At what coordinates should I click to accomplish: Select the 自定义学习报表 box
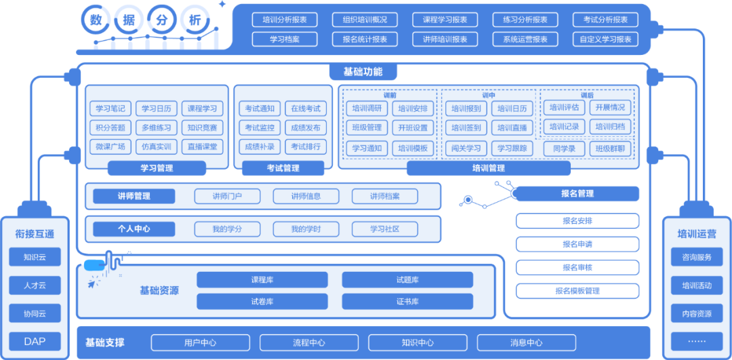tap(605, 39)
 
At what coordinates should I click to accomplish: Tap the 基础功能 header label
tap(363, 72)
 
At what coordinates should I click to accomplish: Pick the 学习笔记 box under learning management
tap(110, 108)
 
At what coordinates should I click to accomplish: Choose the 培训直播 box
tap(512, 127)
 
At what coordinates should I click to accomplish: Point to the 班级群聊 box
tap(610, 148)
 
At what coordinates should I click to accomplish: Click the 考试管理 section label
tap(279, 168)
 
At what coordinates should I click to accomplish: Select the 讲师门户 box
tap(227, 197)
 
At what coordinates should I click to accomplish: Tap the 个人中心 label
tap(134, 229)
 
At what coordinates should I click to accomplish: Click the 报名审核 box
tap(577, 267)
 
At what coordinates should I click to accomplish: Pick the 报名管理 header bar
tap(577, 194)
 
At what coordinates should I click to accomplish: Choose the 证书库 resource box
tap(407, 302)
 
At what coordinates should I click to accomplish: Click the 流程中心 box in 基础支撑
tap(308, 342)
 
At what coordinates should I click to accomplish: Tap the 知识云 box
tap(35, 257)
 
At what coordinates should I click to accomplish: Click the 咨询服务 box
tap(697, 257)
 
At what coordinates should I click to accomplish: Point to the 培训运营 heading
tap(697, 234)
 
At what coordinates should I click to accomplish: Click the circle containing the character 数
tap(96, 20)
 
